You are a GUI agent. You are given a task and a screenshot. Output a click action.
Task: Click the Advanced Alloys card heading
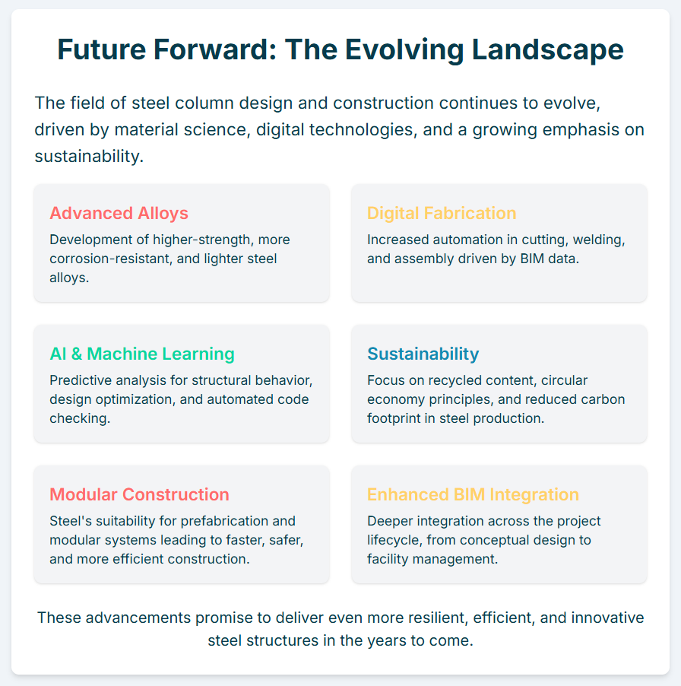119,213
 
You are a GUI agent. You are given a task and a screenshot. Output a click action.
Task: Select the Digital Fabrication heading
442,213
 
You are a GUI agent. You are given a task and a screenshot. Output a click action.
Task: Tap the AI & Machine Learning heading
142,354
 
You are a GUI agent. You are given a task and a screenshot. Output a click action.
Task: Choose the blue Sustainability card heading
423,354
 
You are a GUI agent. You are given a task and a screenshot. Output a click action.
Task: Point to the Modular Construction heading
139,494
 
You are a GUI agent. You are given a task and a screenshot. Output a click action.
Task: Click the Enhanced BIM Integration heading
473,494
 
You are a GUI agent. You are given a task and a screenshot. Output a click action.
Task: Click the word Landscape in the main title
548,49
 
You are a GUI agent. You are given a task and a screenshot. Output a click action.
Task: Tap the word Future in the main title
101,49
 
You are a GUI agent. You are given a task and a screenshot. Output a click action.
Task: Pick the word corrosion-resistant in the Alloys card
111,259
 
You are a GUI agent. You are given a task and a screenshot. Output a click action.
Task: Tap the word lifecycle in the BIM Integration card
394,540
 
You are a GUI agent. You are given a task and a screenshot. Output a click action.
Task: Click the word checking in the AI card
80,419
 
